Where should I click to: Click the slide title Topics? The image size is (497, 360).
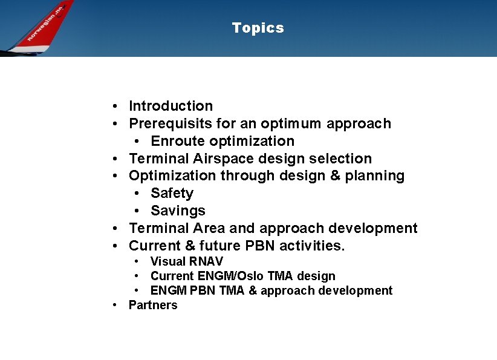pyautogui.click(x=258, y=28)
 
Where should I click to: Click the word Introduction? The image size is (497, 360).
pyautogui.click(x=171, y=106)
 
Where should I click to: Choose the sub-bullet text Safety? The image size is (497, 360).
pyautogui.click(x=172, y=193)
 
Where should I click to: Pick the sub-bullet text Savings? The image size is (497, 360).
pyautogui.click(x=178, y=211)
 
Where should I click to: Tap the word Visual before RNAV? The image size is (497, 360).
pyautogui.click(x=167, y=261)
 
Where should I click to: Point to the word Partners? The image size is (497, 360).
pyautogui.click(x=153, y=305)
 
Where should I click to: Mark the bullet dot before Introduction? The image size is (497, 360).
pyautogui.click(x=114, y=106)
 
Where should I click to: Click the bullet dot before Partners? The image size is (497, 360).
pyautogui.click(x=115, y=306)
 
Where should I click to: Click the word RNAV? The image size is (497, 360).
pyautogui.click(x=206, y=261)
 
